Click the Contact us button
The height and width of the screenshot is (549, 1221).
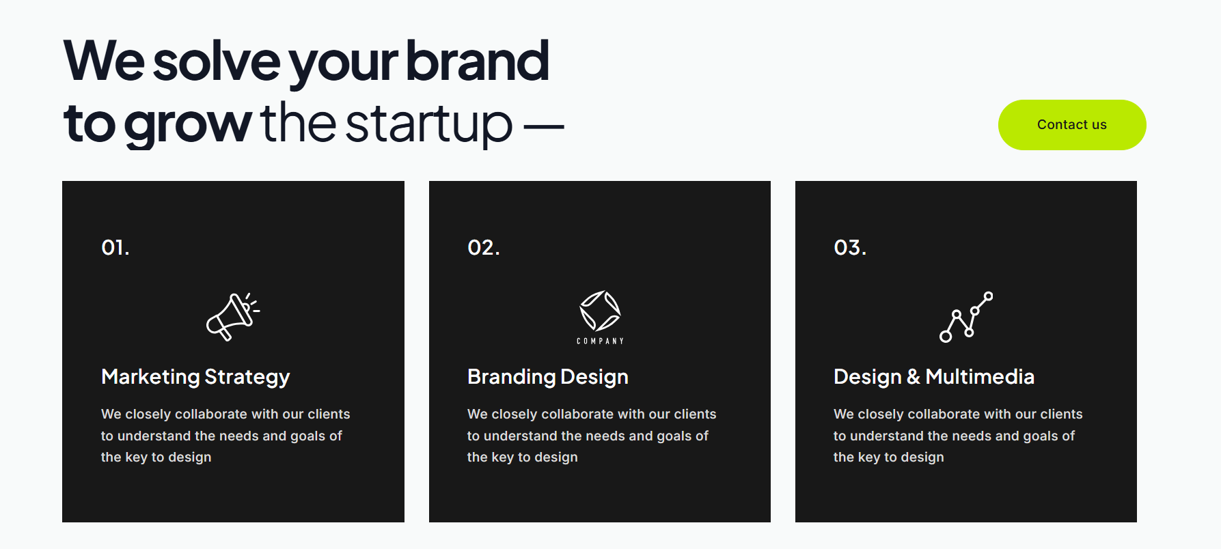pyautogui.click(x=1071, y=125)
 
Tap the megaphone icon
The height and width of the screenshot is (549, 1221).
pyautogui.click(x=233, y=317)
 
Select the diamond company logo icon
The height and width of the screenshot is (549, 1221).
pyautogui.click(x=600, y=311)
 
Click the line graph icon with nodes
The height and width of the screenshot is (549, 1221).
pyautogui.click(x=966, y=317)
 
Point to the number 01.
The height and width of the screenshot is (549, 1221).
pyautogui.click(x=115, y=247)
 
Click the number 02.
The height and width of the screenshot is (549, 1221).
pyautogui.click(x=483, y=247)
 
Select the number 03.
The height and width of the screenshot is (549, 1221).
pyautogui.click(x=849, y=247)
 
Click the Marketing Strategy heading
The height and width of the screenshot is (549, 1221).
pyautogui.click(x=195, y=377)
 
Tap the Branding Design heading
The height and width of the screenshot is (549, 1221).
pyautogui.click(x=547, y=377)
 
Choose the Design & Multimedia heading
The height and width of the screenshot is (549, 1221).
pyautogui.click(x=933, y=377)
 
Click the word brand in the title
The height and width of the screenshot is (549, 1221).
pyautogui.click(x=477, y=61)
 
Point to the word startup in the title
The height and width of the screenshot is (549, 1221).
pyautogui.click(x=428, y=124)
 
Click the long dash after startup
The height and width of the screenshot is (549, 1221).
pyautogui.click(x=544, y=126)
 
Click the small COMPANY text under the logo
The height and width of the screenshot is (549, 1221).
pyautogui.click(x=600, y=341)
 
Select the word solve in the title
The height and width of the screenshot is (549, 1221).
pyautogui.click(x=216, y=61)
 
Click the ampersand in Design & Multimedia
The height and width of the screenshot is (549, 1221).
pyautogui.click(x=914, y=377)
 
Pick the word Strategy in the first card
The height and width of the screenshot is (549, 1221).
pyautogui.click(x=247, y=378)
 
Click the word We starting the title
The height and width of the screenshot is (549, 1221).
pyautogui.click(x=103, y=61)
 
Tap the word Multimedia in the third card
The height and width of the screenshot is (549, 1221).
pyautogui.click(x=980, y=377)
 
